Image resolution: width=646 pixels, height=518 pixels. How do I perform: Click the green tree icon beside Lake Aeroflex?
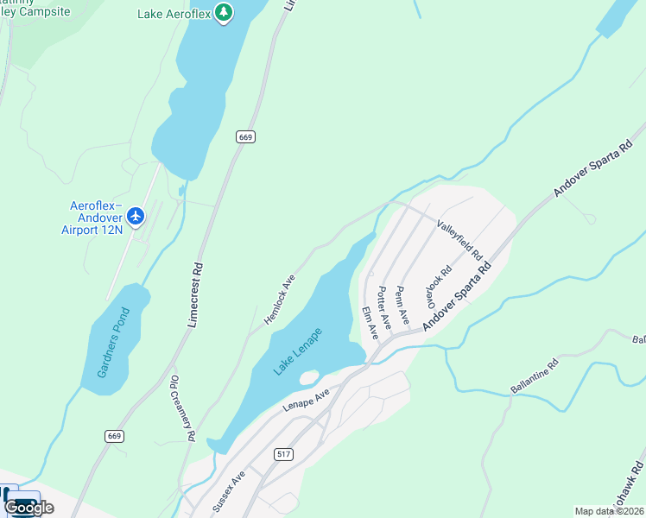pos(224,12)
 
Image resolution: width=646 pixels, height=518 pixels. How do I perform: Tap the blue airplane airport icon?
pos(136,214)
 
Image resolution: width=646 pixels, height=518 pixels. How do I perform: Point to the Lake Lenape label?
pos(297,351)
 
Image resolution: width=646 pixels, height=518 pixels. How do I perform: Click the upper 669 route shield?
pos(245,136)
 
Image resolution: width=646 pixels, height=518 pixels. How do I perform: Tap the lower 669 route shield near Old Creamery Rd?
pos(115,436)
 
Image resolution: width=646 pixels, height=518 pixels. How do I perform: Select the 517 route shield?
pos(283,454)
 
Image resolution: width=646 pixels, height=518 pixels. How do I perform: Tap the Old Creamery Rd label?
pos(182,408)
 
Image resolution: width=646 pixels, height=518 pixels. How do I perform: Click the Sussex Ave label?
pos(229,492)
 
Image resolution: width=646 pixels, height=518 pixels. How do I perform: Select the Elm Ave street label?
pos(370,322)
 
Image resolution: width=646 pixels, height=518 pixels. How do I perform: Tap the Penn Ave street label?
pos(401,304)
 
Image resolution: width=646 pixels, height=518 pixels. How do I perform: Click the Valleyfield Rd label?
pos(459,239)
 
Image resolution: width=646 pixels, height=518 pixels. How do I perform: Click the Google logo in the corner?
pos(28,507)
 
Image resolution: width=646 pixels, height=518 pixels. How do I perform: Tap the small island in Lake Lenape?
pos(308,377)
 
